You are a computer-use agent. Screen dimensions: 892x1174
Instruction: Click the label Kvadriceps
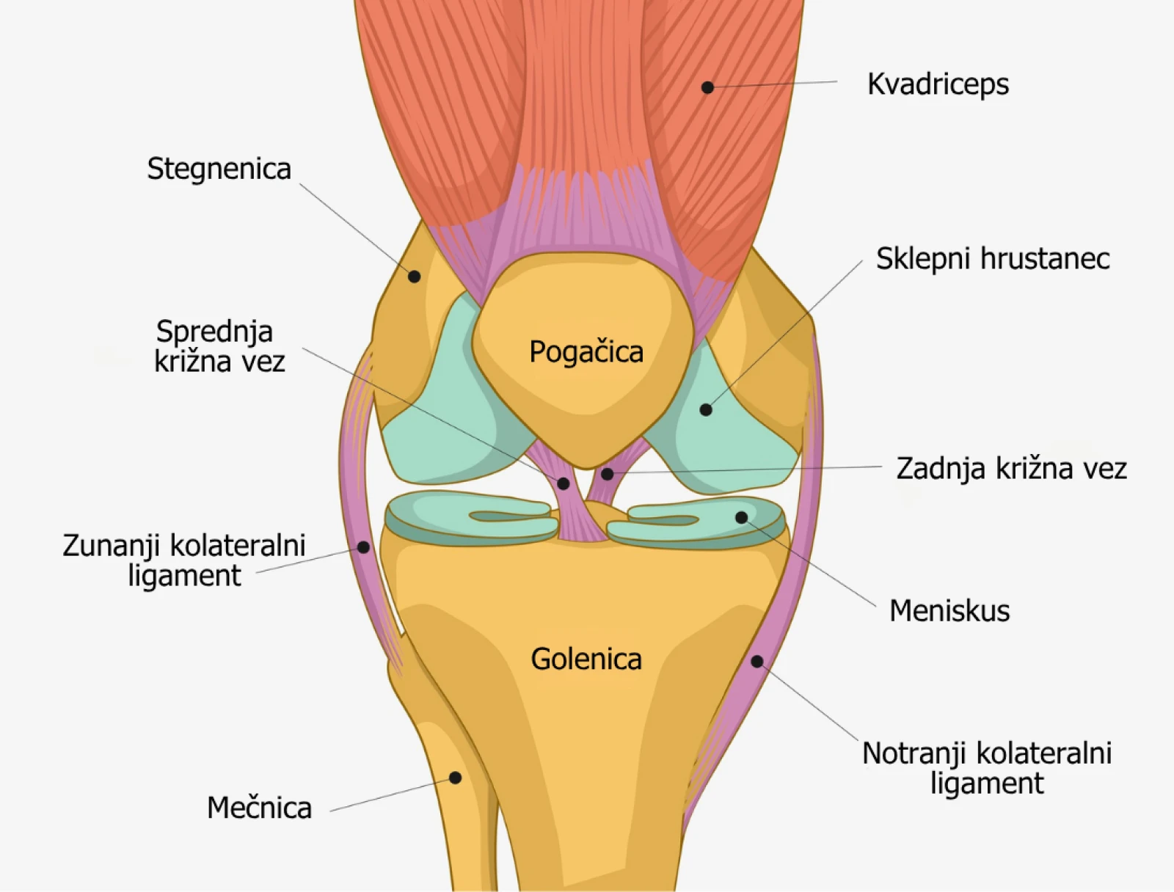pos(938,84)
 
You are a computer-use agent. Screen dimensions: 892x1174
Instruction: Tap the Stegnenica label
pos(219,169)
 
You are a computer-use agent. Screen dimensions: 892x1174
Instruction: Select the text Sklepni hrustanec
pos(992,258)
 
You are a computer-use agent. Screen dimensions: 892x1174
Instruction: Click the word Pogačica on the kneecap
pos(586,351)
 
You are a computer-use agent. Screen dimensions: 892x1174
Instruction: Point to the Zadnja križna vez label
pos(1011,468)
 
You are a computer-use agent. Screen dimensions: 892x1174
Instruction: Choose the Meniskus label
pos(949,610)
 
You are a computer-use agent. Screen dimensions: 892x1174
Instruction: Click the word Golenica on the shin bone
pos(586,659)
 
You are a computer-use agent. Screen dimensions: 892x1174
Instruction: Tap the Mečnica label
pos(259,808)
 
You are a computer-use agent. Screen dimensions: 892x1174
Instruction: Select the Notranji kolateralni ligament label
pos(987,768)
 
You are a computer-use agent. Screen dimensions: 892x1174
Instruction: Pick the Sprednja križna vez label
pos(219,346)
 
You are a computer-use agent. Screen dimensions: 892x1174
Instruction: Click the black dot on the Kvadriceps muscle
pos(707,87)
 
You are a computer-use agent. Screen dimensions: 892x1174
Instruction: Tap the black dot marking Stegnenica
pos(414,277)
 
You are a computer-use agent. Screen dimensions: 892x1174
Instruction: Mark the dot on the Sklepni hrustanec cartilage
pos(706,409)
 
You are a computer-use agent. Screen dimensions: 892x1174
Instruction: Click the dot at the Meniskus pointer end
pos(741,518)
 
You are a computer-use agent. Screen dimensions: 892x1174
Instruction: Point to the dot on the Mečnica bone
pos(455,778)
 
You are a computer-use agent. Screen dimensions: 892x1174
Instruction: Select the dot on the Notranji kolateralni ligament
pos(757,662)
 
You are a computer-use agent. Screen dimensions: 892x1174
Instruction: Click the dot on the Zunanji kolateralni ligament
pos(363,547)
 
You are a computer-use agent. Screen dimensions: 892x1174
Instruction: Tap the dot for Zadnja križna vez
pos(607,474)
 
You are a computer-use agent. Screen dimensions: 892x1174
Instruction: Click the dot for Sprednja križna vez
pos(563,483)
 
